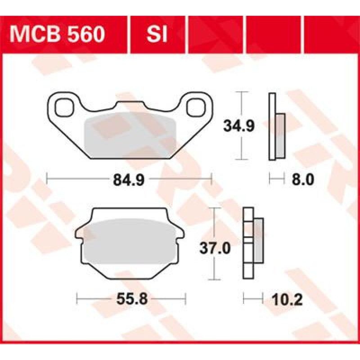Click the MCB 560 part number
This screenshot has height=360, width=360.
click(57, 35)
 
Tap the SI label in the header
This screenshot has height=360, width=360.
click(157, 35)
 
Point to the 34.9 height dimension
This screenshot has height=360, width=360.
click(239, 126)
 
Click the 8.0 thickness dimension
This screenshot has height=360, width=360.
click(302, 179)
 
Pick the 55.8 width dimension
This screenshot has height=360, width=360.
click(132, 299)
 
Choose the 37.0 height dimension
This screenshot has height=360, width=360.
click(215, 248)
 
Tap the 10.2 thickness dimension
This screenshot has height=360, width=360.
click(287, 299)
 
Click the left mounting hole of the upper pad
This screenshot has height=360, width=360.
click(64, 107)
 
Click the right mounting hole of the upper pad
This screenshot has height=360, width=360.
click(196, 107)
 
